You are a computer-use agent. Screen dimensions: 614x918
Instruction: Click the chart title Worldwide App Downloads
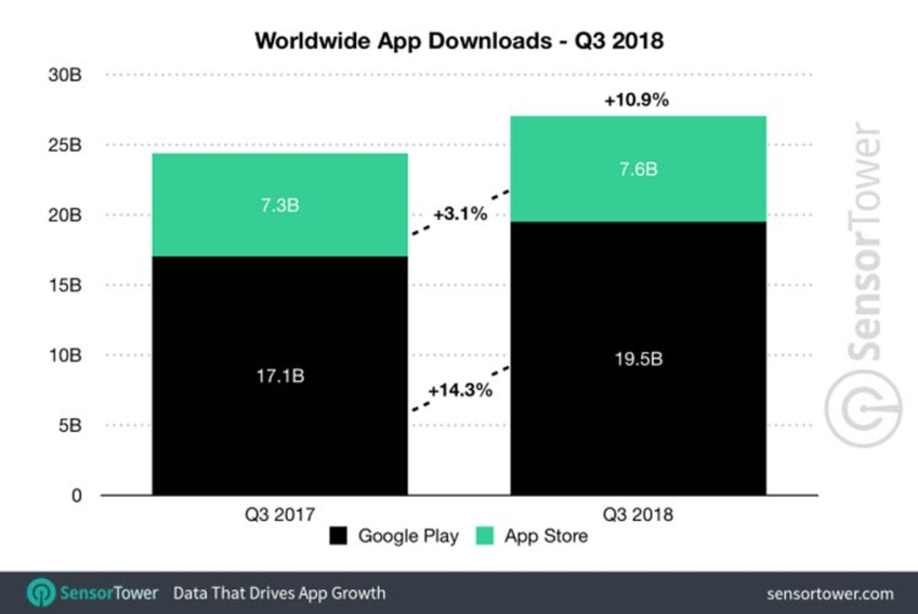(459, 41)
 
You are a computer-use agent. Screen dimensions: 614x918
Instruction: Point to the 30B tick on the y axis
(65, 75)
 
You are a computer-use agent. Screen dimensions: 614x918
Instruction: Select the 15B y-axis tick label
(65, 285)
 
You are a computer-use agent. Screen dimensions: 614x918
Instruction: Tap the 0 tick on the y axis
(76, 496)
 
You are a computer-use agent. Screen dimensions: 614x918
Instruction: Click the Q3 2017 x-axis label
(280, 515)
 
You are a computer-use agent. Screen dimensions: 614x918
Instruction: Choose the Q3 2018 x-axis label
(638, 515)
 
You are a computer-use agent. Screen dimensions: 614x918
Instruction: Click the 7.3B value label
(280, 205)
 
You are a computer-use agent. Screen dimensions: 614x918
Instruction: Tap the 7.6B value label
(638, 169)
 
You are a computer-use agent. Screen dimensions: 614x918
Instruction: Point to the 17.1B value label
(280, 376)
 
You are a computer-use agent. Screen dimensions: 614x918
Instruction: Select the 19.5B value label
(638, 359)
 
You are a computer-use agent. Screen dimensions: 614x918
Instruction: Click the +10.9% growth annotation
(636, 100)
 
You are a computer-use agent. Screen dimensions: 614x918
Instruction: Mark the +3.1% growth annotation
(460, 214)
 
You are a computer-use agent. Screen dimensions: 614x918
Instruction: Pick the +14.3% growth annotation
(460, 390)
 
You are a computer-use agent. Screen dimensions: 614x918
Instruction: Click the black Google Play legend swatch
(338, 536)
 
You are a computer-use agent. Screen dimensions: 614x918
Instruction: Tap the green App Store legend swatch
(484, 536)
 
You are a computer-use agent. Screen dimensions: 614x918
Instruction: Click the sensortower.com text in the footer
(830, 593)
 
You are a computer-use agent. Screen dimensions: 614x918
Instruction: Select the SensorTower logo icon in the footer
(41, 593)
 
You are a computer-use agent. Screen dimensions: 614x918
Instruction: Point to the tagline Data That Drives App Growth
(279, 593)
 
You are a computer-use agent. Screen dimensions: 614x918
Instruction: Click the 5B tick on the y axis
(70, 425)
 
